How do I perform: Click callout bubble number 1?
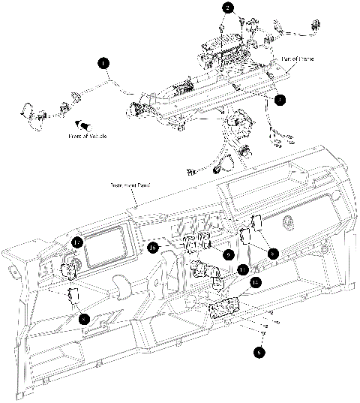click(103, 64)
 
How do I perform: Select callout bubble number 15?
click(153, 248)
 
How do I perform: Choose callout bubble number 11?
click(241, 268)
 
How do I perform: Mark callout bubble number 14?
click(256, 283)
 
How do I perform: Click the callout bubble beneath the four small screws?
click(260, 350)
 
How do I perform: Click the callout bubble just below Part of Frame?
click(279, 98)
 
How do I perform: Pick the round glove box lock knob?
click(287, 221)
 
